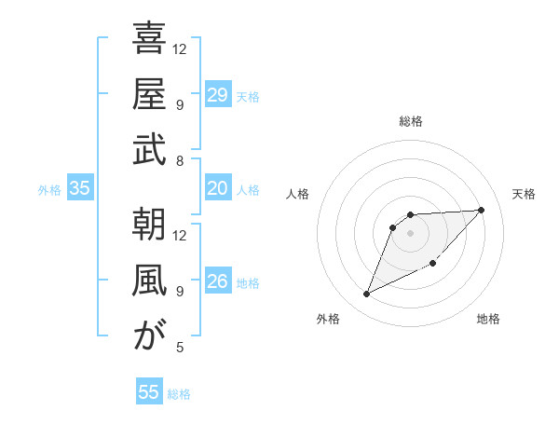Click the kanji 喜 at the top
click(x=149, y=39)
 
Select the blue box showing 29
click(x=217, y=95)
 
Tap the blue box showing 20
click(x=217, y=189)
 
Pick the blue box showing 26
click(x=217, y=281)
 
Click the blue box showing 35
click(x=79, y=189)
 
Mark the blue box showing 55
click(x=149, y=392)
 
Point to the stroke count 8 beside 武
click(x=179, y=161)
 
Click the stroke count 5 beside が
click(x=179, y=348)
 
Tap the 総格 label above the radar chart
click(x=411, y=121)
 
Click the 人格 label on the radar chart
click(x=298, y=194)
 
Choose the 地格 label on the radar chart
click(x=488, y=319)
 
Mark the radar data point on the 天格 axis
click(x=481, y=210)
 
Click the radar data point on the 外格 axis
click(x=367, y=294)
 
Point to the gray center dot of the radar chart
click(x=411, y=232)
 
